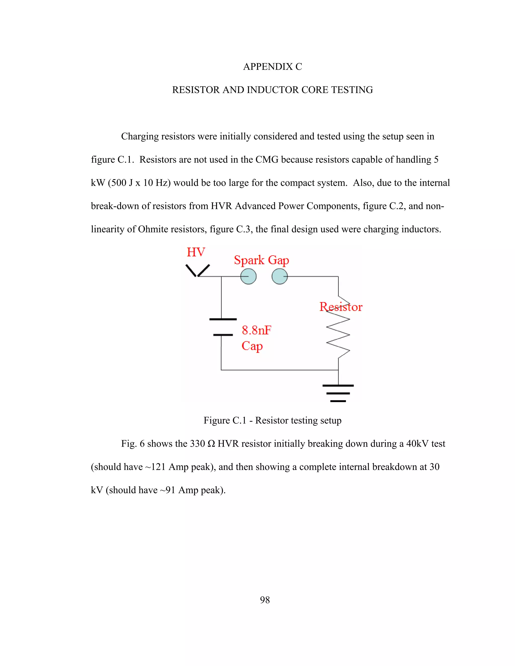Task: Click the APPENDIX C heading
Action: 272,67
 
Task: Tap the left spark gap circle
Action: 248,277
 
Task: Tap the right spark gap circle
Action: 279,277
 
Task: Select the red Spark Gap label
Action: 262,260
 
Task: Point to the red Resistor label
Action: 341,307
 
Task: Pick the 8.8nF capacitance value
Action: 256,330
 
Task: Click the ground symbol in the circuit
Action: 338,393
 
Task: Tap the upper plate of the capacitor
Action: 223,319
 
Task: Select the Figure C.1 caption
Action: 272,420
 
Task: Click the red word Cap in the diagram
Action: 252,346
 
